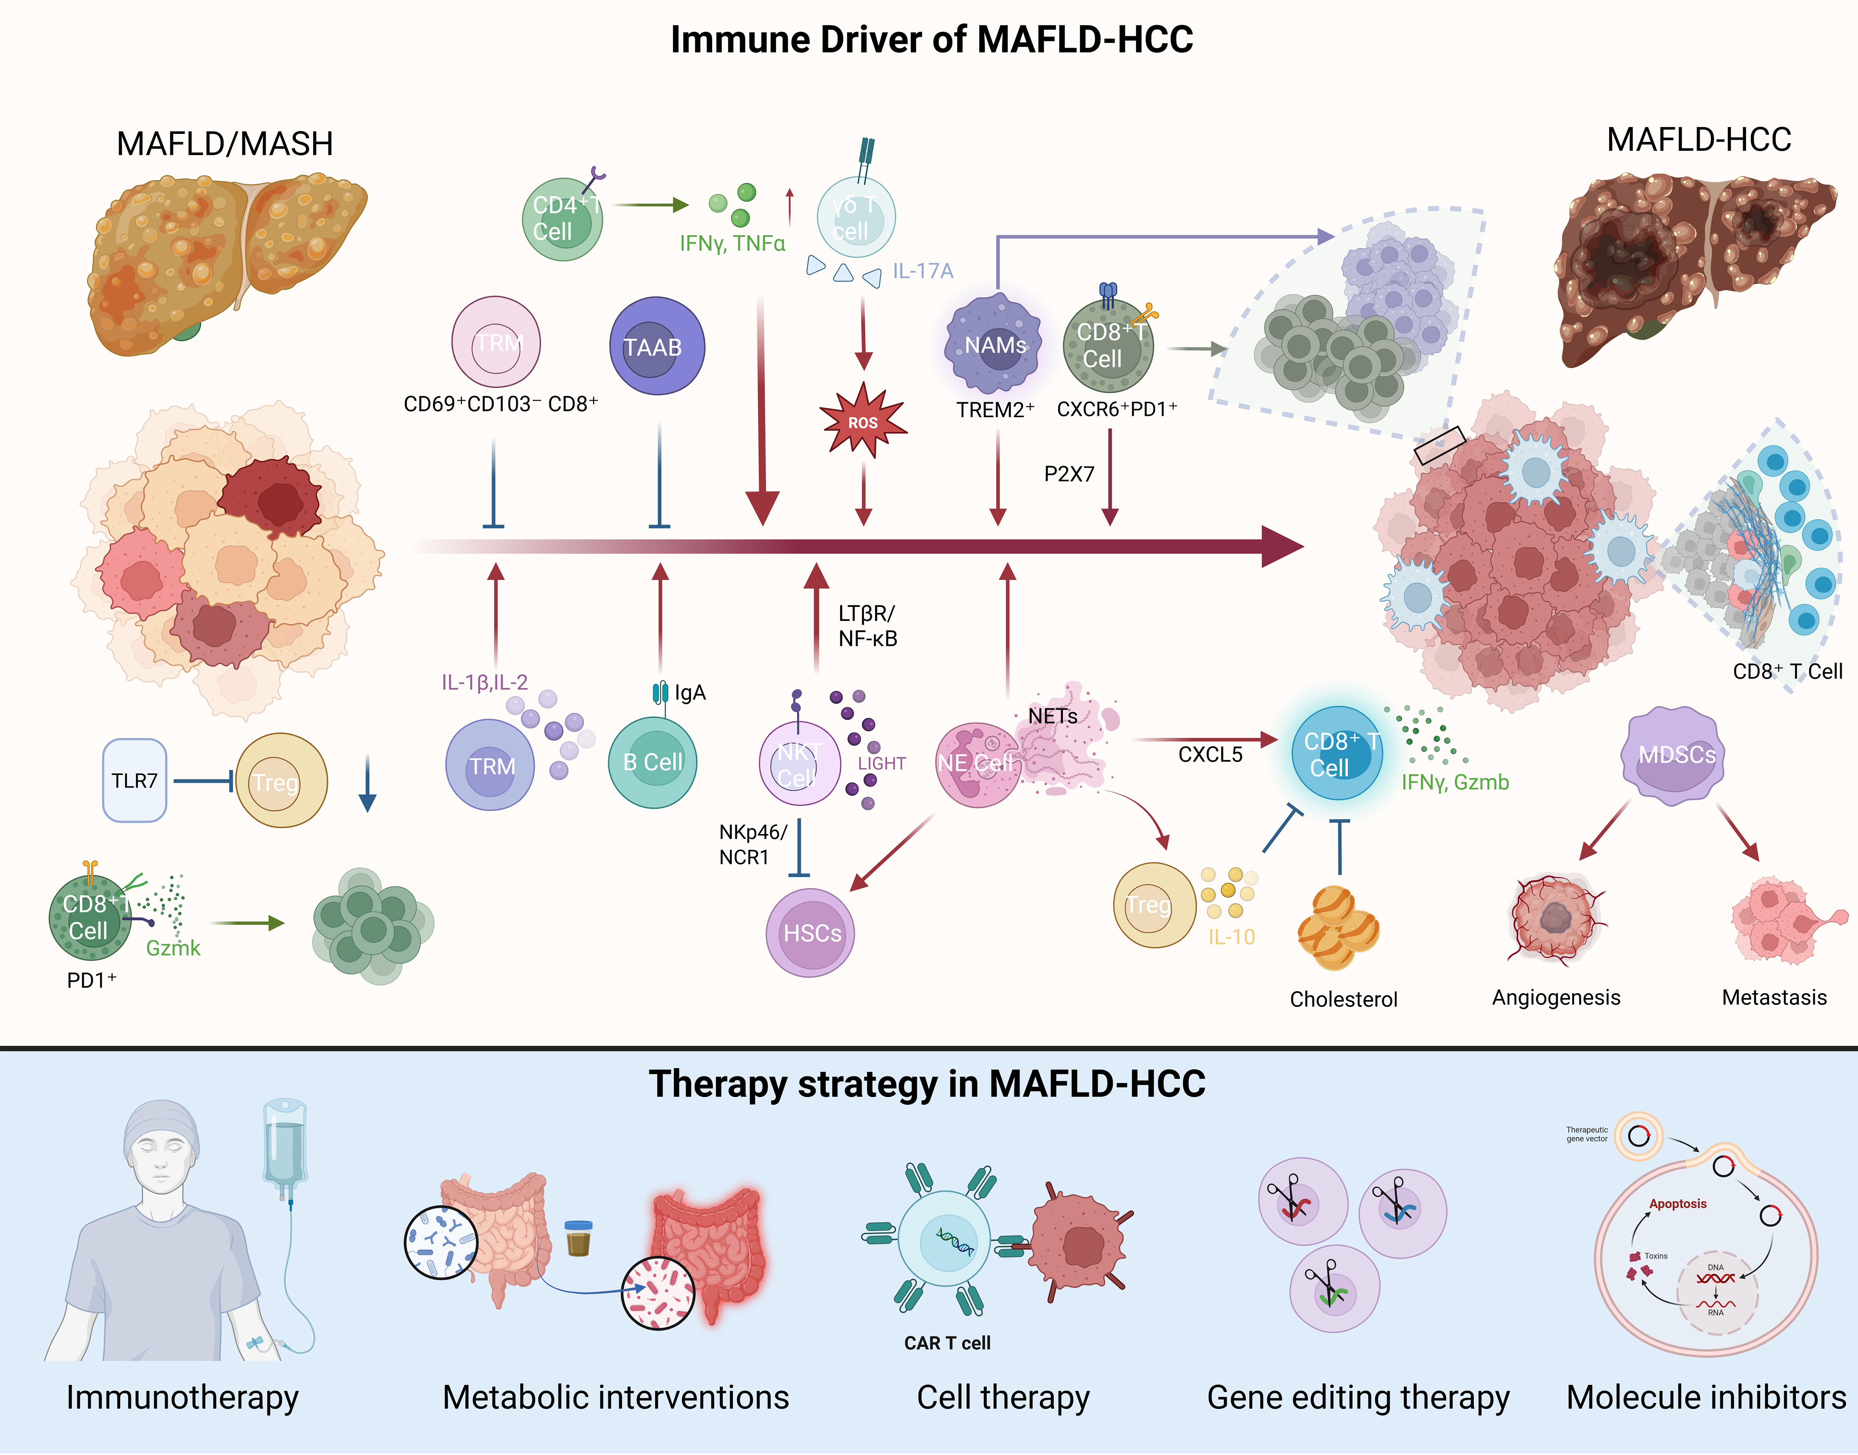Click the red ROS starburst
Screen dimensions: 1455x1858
click(x=862, y=422)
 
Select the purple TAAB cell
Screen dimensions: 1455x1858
click(x=657, y=346)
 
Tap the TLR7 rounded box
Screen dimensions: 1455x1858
click(x=135, y=780)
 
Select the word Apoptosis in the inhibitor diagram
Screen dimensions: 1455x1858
click(x=1677, y=1204)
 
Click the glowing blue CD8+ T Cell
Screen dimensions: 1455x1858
click(x=1337, y=753)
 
